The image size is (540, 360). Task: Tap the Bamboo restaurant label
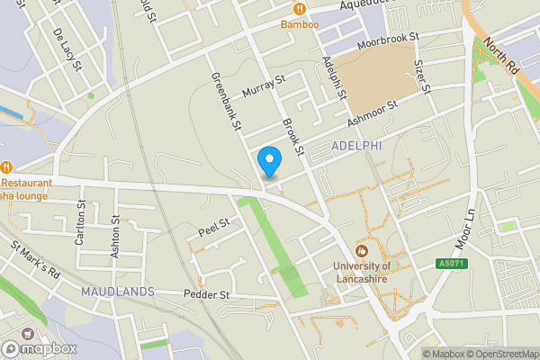(x=300, y=24)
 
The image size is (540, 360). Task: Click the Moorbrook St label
(x=389, y=39)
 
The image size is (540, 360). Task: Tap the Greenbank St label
(x=225, y=103)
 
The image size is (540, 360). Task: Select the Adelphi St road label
(x=334, y=77)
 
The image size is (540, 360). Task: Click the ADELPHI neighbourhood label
(x=357, y=144)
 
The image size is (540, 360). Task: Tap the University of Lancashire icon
(x=362, y=250)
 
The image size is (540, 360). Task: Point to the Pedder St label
(x=207, y=294)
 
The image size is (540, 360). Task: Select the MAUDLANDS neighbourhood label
(x=117, y=292)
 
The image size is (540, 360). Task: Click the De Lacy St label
(x=67, y=49)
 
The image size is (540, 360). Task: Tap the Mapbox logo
(x=40, y=348)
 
